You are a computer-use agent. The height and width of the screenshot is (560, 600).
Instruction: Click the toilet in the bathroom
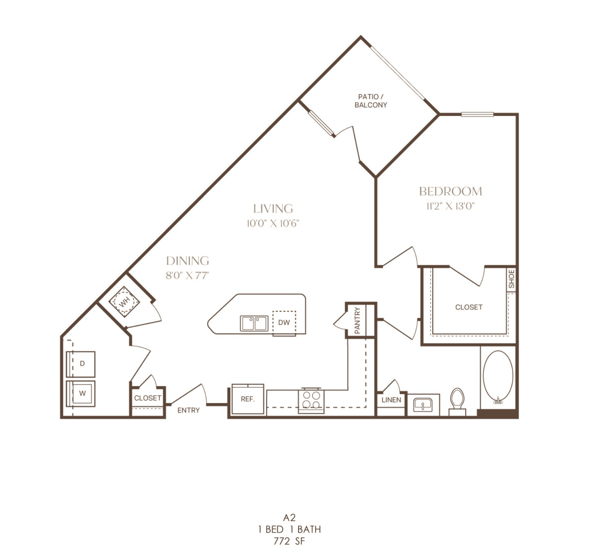[x=457, y=402]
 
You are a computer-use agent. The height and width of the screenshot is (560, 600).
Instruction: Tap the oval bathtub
[x=498, y=377]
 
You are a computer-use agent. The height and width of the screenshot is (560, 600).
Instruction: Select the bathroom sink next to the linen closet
[x=423, y=405]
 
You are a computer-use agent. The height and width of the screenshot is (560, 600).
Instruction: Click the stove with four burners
[x=311, y=400]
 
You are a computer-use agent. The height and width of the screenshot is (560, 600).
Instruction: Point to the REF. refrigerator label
[x=248, y=399]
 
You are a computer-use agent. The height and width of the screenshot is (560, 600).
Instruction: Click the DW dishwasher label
[x=284, y=322]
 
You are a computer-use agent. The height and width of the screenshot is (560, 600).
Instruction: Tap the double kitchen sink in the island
[x=254, y=324]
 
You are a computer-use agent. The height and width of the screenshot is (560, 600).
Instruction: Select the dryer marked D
[x=81, y=364]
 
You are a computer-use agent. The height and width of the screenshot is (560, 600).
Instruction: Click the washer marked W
[x=81, y=394]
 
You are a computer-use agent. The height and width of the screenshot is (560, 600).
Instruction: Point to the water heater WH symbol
[x=124, y=302]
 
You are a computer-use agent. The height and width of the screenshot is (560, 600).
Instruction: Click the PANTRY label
[x=357, y=320]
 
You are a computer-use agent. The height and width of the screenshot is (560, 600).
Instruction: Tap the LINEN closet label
[x=391, y=400]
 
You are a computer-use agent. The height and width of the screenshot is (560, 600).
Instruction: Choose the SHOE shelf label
[x=511, y=279]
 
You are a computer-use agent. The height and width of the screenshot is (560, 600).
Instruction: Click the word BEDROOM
[x=451, y=191]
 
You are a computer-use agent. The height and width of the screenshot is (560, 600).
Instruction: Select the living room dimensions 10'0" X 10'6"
[x=273, y=223]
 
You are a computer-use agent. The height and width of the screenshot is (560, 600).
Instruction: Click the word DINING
[x=188, y=261]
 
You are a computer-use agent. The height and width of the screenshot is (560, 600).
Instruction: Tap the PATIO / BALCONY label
[x=371, y=101]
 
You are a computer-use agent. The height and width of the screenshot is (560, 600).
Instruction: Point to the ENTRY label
[x=188, y=411]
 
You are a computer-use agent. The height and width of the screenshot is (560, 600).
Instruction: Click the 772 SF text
[x=289, y=541]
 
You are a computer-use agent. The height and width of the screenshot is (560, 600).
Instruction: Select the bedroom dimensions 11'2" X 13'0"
[x=450, y=206]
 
